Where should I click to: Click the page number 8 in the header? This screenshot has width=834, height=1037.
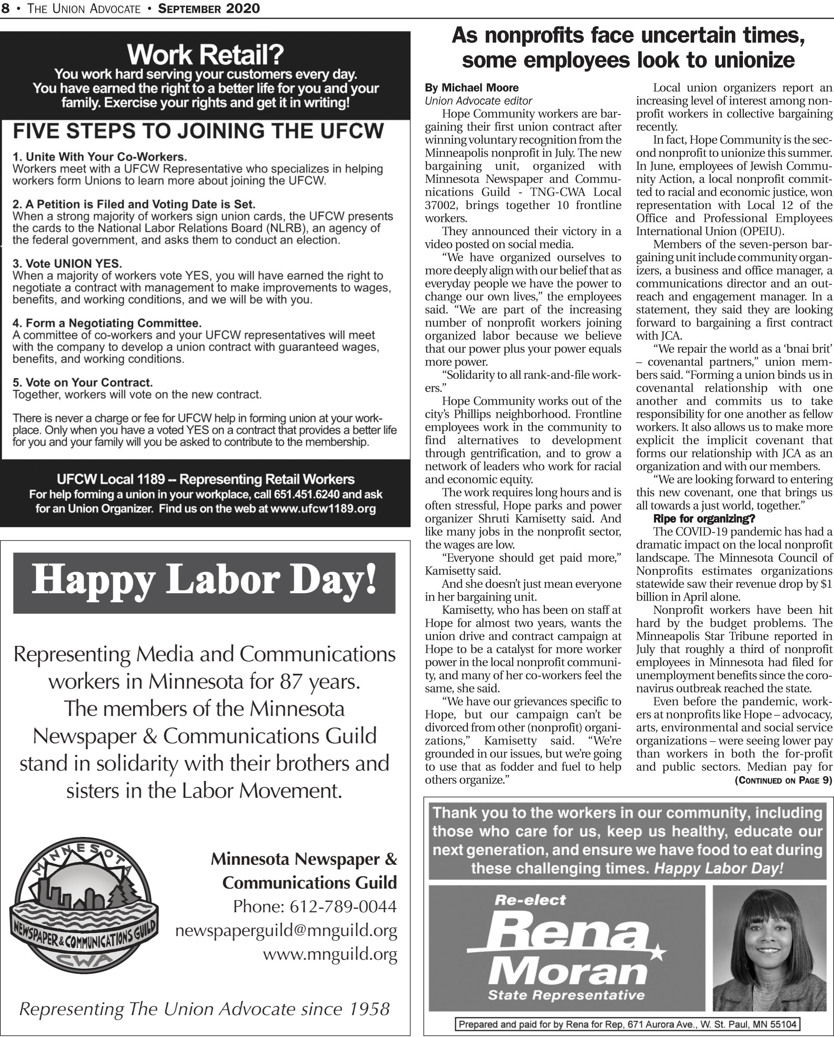pos(5,8)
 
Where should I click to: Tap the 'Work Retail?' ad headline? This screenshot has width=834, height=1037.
pos(205,55)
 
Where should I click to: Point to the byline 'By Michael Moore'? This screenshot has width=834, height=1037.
pos(471,88)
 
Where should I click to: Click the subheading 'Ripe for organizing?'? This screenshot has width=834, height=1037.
pos(704,518)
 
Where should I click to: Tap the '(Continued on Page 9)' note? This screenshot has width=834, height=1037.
pos(783,780)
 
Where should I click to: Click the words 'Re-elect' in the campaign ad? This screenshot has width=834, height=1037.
pos(530,900)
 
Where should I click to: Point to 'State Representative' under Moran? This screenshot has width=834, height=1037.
pos(566,995)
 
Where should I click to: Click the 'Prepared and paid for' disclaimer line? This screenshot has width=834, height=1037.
pos(627,1025)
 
